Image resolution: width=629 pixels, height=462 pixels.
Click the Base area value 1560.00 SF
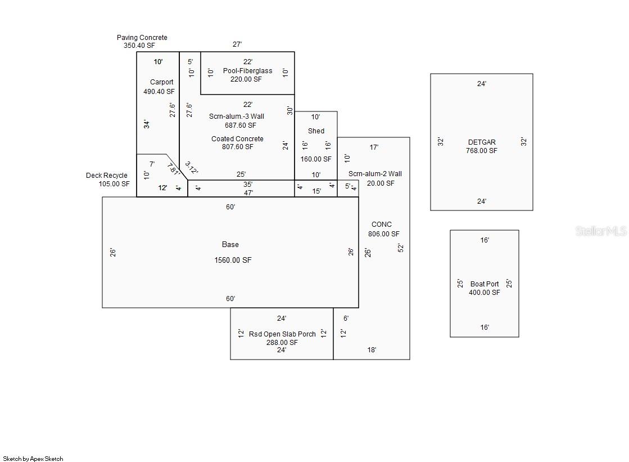233,261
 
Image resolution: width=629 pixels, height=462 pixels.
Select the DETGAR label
482,142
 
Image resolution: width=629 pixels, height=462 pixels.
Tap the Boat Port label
485,284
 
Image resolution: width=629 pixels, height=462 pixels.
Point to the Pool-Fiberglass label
247,71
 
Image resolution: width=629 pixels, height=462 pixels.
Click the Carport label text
161,82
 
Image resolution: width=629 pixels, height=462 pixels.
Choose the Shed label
316,131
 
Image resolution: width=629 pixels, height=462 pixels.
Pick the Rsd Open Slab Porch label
282,334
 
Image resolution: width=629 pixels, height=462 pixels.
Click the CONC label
382,225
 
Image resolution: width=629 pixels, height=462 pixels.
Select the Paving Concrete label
142,38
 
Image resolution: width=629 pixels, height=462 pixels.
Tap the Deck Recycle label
106,176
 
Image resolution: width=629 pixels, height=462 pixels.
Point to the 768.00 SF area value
482,151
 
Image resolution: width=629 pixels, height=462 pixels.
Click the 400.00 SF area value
485,293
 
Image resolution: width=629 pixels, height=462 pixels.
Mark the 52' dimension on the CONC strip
400,248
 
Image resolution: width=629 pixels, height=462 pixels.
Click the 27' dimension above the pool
238,44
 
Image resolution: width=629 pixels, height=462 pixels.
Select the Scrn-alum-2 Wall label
375,174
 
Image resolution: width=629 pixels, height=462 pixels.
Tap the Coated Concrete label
237,139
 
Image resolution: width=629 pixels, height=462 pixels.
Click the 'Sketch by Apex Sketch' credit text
33,459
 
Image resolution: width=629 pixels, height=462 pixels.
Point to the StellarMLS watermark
601,231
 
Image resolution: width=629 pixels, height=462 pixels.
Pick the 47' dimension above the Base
248,192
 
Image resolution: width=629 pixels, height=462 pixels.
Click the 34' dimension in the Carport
147,124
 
